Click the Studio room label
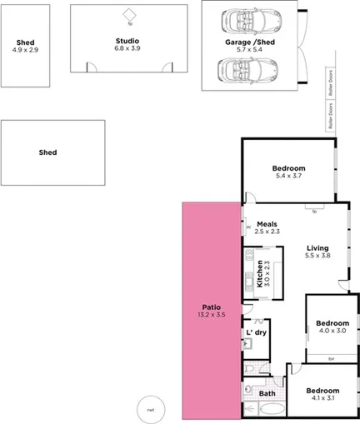127,40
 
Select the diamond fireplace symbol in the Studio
129,14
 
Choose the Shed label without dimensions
47,152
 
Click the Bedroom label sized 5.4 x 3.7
289,168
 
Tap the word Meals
267,223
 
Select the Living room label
317,248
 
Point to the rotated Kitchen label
260,273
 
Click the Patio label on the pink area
211,306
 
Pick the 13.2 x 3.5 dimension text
211,315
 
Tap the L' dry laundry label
256,332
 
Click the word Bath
267,393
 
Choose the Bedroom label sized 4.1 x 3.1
322,391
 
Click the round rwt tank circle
151,409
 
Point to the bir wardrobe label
332,359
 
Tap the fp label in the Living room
314,212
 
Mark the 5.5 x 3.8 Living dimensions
317,257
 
